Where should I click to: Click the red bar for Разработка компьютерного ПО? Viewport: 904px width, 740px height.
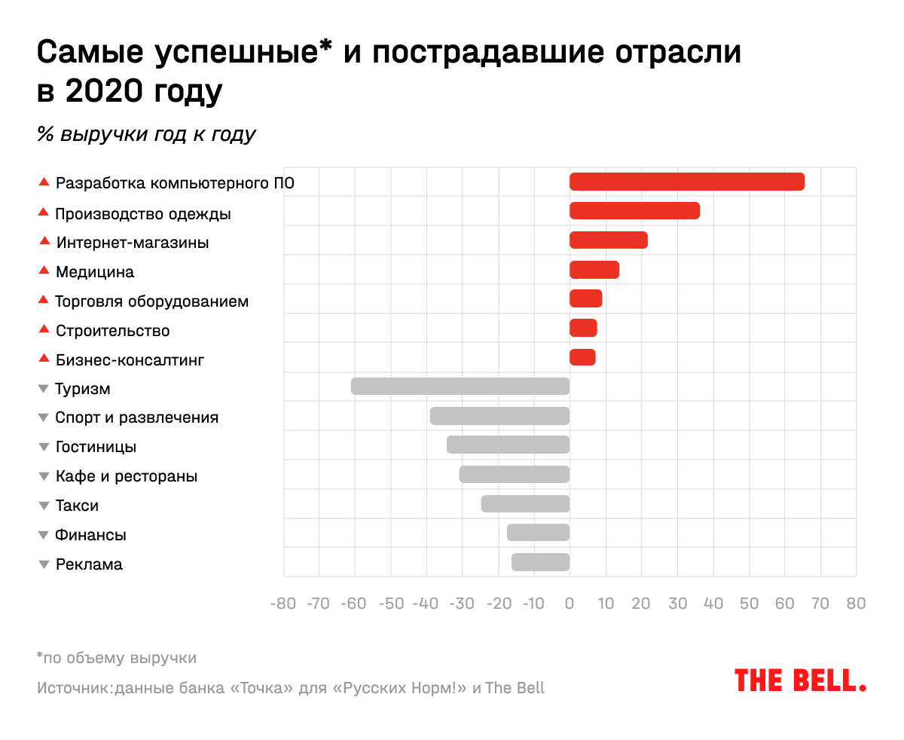click(x=686, y=182)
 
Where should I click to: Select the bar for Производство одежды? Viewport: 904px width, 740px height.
click(x=634, y=211)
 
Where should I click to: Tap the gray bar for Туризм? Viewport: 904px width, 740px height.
click(x=460, y=387)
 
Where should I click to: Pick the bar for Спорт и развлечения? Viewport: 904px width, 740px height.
click(x=499, y=416)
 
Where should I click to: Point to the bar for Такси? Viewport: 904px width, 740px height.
click(x=525, y=503)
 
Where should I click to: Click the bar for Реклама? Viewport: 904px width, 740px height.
click(x=540, y=562)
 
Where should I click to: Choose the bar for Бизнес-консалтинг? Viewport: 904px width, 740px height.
click(x=582, y=357)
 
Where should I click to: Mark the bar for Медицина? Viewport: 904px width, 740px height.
click(x=594, y=270)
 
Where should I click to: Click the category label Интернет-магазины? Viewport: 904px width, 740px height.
click(x=133, y=243)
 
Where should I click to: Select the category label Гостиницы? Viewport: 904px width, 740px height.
click(x=96, y=447)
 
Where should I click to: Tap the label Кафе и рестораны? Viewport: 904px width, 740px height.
click(x=127, y=476)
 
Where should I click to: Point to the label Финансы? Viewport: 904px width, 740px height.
click(x=90, y=535)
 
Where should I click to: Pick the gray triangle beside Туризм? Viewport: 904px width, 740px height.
click(x=44, y=389)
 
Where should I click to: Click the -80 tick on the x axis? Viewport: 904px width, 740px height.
click(x=283, y=604)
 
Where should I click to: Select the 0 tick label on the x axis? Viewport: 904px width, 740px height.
click(x=570, y=604)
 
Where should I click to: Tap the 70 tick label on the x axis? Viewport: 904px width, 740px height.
click(x=820, y=604)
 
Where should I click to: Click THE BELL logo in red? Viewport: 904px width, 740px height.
click(x=800, y=680)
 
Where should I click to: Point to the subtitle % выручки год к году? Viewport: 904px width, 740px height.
click(x=147, y=134)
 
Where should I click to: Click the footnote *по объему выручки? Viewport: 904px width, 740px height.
click(x=117, y=658)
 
